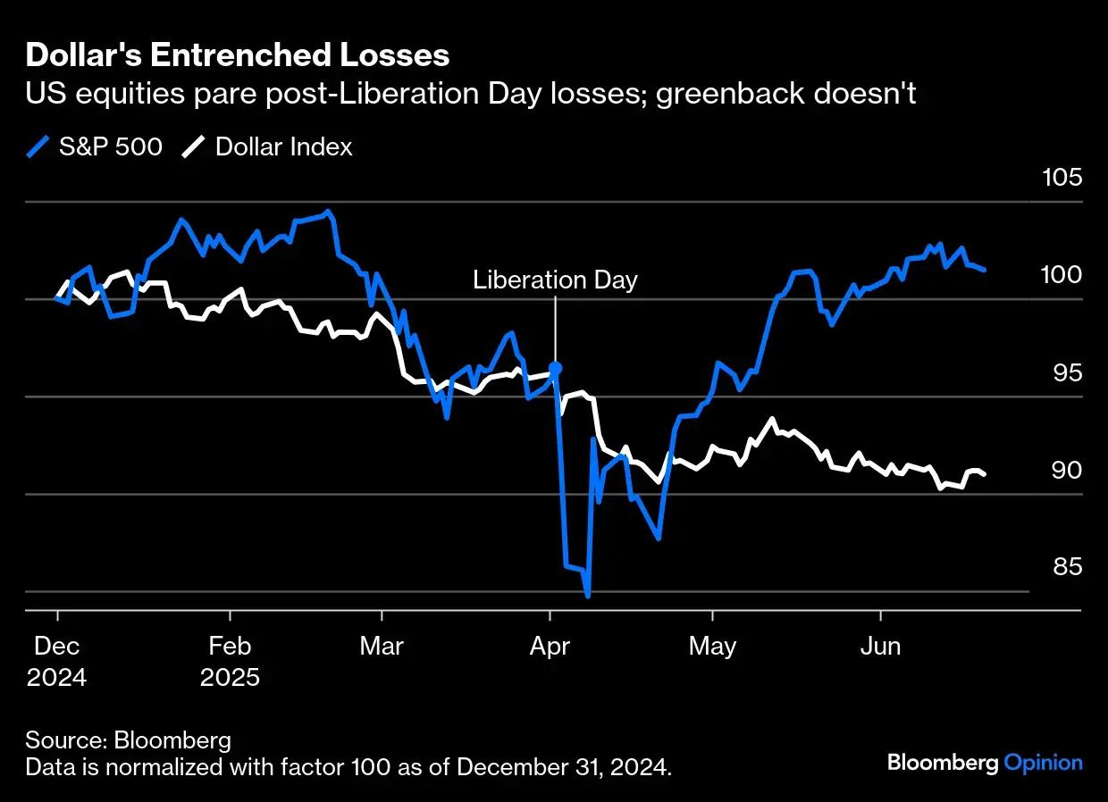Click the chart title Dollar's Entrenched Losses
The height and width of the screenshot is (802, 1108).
[x=237, y=55]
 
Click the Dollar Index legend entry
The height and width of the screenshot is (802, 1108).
[x=267, y=146]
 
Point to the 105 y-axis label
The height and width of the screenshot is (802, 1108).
[x=1062, y=177]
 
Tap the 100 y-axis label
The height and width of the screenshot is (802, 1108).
[x=1062, y=275]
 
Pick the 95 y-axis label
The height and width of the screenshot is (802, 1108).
[x=1062, y=373]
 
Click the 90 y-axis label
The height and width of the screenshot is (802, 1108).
[x=1062, y=471]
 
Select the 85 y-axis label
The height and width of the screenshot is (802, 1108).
[x=1062, y=568]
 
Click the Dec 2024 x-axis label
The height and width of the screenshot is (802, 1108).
[x=57, y=661]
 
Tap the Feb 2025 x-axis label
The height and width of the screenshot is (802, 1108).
[x=231, y=661]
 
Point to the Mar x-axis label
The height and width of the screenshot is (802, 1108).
[x=382, y=646]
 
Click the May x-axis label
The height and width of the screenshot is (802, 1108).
[x=712, y=646]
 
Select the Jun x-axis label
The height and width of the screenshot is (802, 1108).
[x=881, y=646]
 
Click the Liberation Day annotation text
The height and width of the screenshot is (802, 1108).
[x=555, y=280]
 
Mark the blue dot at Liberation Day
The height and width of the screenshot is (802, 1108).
[x=556, y=367]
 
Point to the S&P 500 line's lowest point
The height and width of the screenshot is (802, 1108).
[x=588, y=595]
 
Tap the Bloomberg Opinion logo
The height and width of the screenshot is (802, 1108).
[x=984, y=763]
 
